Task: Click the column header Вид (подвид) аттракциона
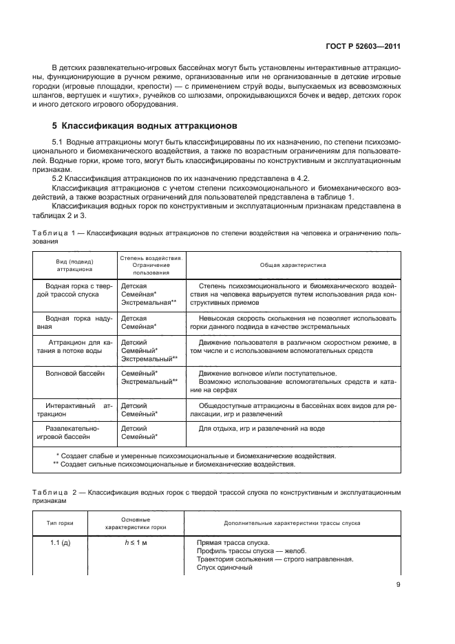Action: click(74, 265)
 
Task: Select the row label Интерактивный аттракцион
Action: click(74, 410)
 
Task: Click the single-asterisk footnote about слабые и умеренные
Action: click(175, 455)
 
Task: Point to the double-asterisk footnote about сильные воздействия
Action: click(173, 464)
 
